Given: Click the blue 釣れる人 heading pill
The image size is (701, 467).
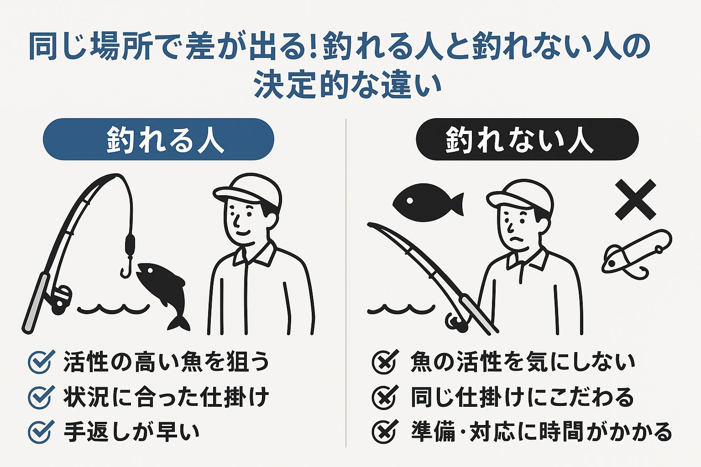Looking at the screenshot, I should click(158, 139).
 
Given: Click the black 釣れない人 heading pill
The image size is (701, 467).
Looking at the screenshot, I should click(527, 139).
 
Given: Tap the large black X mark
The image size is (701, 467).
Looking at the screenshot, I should click(635, 199).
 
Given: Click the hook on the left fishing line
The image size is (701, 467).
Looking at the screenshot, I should click(126, 269).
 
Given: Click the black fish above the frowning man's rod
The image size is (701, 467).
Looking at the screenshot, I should click(427, 202).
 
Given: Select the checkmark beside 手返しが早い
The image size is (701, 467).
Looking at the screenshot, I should click(41, 432).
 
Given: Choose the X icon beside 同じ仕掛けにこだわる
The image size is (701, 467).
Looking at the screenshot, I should click(385, 397).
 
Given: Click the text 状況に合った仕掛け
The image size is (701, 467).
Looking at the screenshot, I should click(166, 397).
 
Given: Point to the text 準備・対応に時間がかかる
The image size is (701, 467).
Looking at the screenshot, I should click(541, 432).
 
